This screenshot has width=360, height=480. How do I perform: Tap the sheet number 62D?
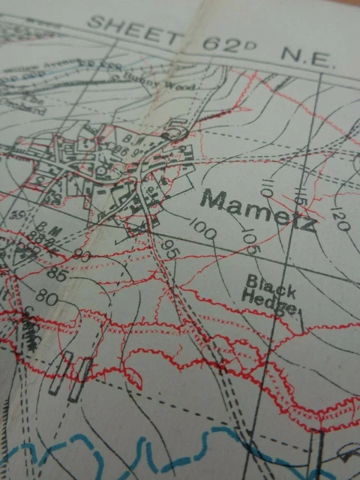point(229,45)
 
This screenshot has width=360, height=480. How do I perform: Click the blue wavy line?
point(150,450)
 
